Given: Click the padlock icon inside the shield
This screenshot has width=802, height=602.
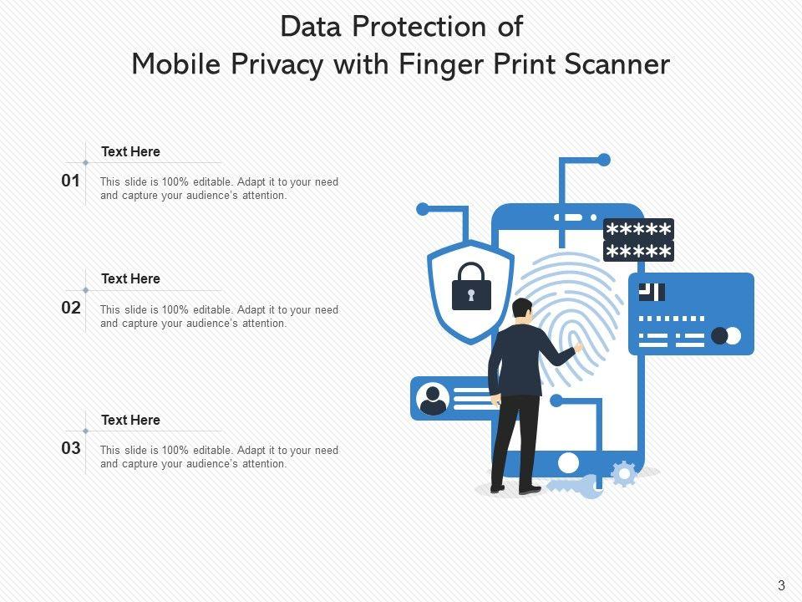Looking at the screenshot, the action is (471, 287).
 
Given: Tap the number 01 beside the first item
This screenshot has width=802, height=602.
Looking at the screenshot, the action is (71, 181).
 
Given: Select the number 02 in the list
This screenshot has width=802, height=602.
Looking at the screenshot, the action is (71, 308).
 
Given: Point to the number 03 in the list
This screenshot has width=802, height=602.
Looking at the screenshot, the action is (71, 448).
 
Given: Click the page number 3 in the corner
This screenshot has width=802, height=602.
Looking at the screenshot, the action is (781, 586).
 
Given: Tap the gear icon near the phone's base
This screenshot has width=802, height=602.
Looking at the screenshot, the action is (623, 474).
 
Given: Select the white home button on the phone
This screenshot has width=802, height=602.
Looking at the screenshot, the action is (568, 462).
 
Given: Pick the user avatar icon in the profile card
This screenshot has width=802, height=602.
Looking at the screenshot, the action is (433, 399).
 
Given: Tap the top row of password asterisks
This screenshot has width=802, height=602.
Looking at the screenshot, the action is (638, 230).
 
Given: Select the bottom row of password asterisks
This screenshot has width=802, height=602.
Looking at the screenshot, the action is (638, 252).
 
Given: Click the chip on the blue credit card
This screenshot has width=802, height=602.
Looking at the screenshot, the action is (652, 292).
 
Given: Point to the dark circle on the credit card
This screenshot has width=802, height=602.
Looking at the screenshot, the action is (719, 336).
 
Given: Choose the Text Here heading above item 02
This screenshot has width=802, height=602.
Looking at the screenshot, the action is (130, 278).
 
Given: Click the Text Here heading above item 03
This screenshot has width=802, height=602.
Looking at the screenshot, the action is (130, 420).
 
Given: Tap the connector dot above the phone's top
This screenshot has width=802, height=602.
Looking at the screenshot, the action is (604, 160).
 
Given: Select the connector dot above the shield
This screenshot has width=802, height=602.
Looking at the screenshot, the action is (423, 209).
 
